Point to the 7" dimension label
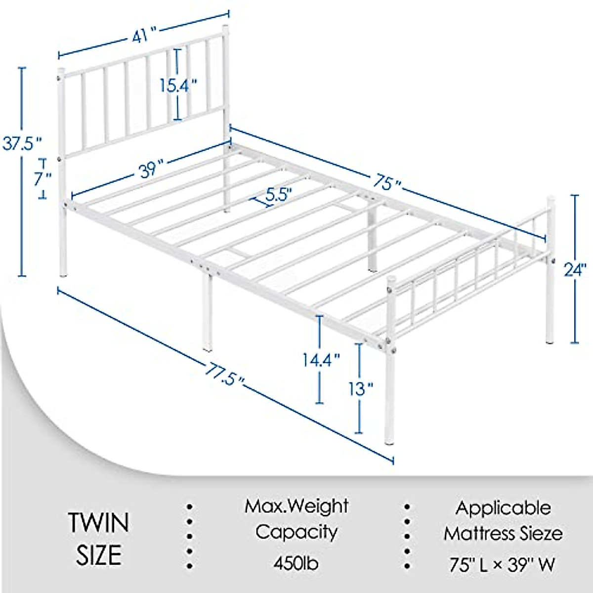(x=43, y=179)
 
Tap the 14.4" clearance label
(x=321, y=359)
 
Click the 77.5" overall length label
(x=225, y=373)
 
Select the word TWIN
(x=99, y=523)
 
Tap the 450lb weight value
(x=296, y=563)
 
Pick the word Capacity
(x=296, y=532)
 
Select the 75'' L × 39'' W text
(x=503, y=563)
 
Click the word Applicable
(x=503, y=508)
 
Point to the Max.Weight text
(x=296, y=506)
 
